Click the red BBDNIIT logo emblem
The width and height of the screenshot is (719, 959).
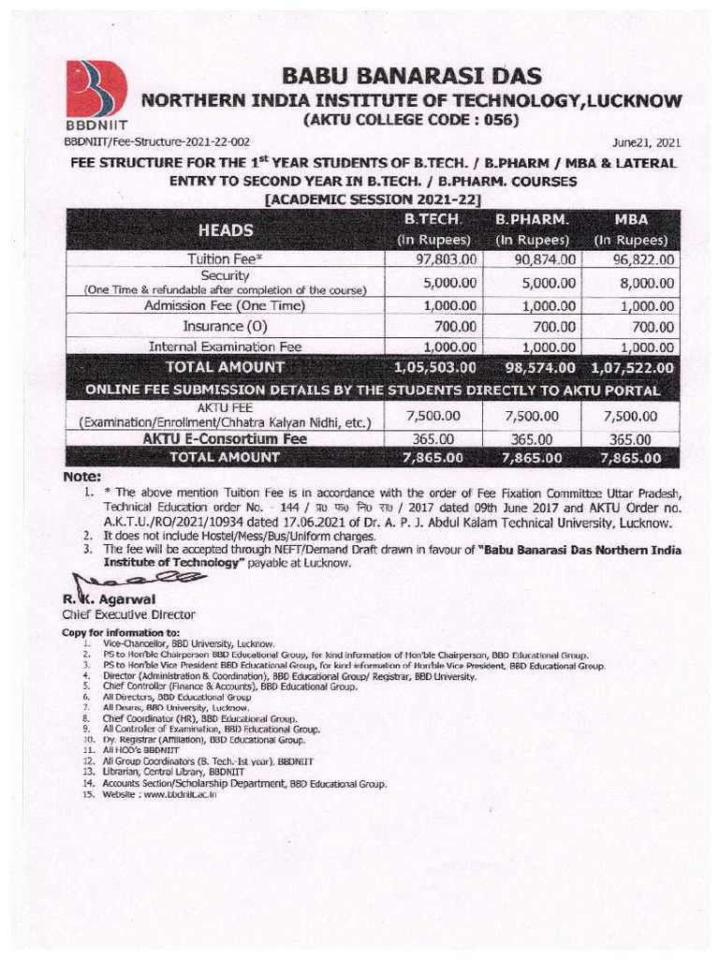pyautogui.click(x=95, y=89)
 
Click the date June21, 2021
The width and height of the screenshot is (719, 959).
pyautogui.click(x=646, y=143)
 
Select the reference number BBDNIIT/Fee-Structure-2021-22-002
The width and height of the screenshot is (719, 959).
pyautogui.click(x=156, y=141)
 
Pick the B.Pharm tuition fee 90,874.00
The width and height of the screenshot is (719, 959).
pyautogui.click(x=533, y=259)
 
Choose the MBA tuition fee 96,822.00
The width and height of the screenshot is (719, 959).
pyautogui.click(x=629, y=259)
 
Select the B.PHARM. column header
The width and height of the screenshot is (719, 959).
pyautogui.click(x=533, y=220)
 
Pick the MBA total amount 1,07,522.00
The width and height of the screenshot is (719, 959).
pyautogui.click(x=626, y=366)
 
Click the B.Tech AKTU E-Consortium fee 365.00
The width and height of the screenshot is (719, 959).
pyautogui.click(x=433, y=438)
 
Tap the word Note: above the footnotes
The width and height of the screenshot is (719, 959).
pyautogui.click(x=81, y=476)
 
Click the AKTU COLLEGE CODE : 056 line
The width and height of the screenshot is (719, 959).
pyautogui.click(x=410, y=120)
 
